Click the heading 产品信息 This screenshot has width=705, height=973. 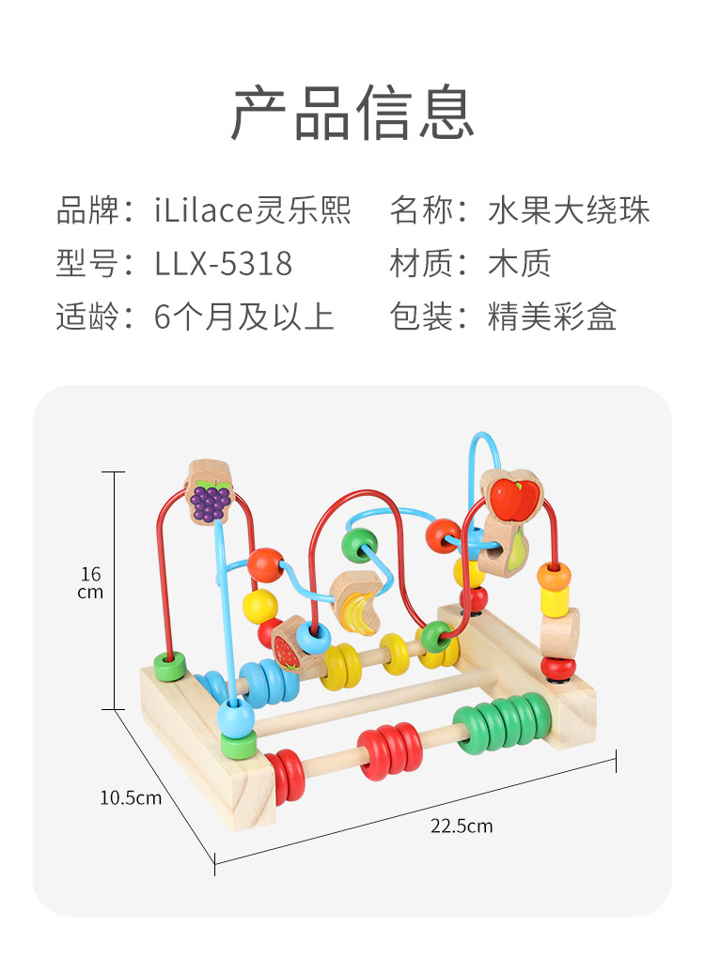[x=352, y=113]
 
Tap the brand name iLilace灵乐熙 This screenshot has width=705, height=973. [x=253, y=210]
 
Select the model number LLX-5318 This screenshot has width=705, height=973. [x=223, y=264]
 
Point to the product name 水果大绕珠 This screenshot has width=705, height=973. [x=569, y=210]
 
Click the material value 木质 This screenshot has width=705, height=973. [x=519, y=264]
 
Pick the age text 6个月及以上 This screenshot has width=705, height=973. [x=244, y=317]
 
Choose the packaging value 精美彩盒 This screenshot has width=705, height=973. [x=552, y=317]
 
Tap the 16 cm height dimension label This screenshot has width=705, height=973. [x=90, y=582]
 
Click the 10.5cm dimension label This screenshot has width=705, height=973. [x=131, y=797]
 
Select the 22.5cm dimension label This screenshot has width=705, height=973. [x=462, y=826]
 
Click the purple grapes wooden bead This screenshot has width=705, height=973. [x=210, y=493]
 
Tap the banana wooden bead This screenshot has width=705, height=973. [x=357, y=603]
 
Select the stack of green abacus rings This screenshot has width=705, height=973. [x=503, y=722]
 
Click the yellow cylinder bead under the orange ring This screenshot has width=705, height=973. [x=555, y=601]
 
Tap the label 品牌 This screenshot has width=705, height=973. [x=87, y=210]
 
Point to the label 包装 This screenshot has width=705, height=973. [x=420, y=317]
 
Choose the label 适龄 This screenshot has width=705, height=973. [x=87, y=317]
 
